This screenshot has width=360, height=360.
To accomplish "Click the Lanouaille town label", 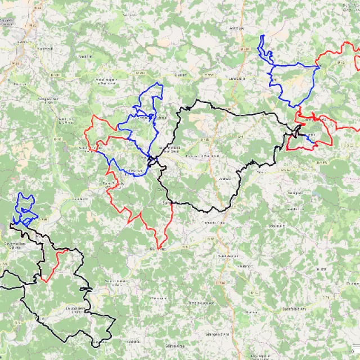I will pyautogui.click(x=238, y=79).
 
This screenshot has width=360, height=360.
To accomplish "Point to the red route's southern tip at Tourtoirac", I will pyautogui.click(x=160, y=248).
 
